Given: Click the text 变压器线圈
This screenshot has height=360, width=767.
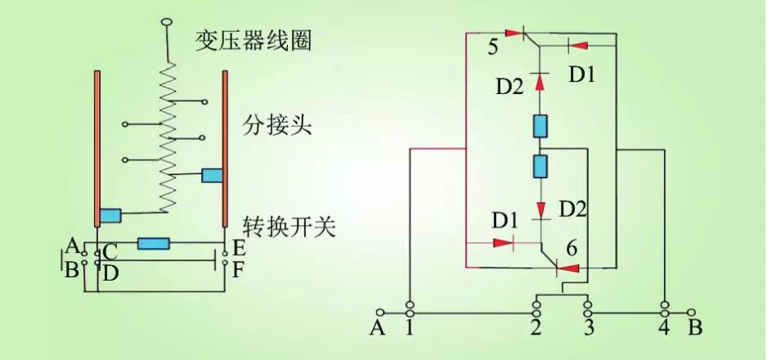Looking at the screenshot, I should [x=253, y=40].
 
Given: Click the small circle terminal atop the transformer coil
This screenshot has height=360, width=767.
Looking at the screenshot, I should [x=168, y=21].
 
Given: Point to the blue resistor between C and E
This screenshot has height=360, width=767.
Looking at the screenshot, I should [x=154, y=243].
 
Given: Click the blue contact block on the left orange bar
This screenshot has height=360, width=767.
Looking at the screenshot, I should [x=110, y=216].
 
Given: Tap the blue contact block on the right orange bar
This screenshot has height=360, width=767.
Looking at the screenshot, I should [x=213, y=175].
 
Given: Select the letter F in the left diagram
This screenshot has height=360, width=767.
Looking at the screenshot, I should [x=238, y=269].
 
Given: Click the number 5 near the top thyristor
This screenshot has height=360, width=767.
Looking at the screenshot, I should [x=493, y=47].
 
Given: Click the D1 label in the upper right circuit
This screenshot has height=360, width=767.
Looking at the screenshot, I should [x=582, y=74].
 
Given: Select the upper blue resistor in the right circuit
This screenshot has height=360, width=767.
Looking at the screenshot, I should [x=540, y=126].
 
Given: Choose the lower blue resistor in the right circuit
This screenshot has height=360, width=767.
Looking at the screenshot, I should [x=540, y=167].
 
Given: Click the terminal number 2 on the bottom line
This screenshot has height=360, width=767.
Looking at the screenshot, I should [x=536, y=329].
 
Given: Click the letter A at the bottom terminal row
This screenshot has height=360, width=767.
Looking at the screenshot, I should [x=377, y=328].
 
